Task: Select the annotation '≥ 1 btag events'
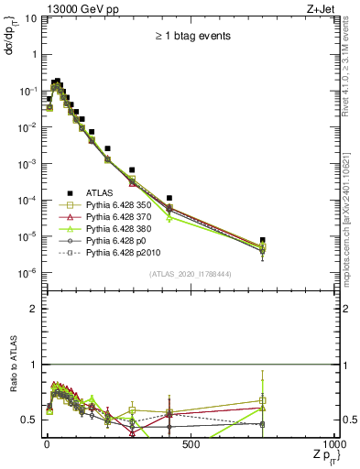point(192,36)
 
